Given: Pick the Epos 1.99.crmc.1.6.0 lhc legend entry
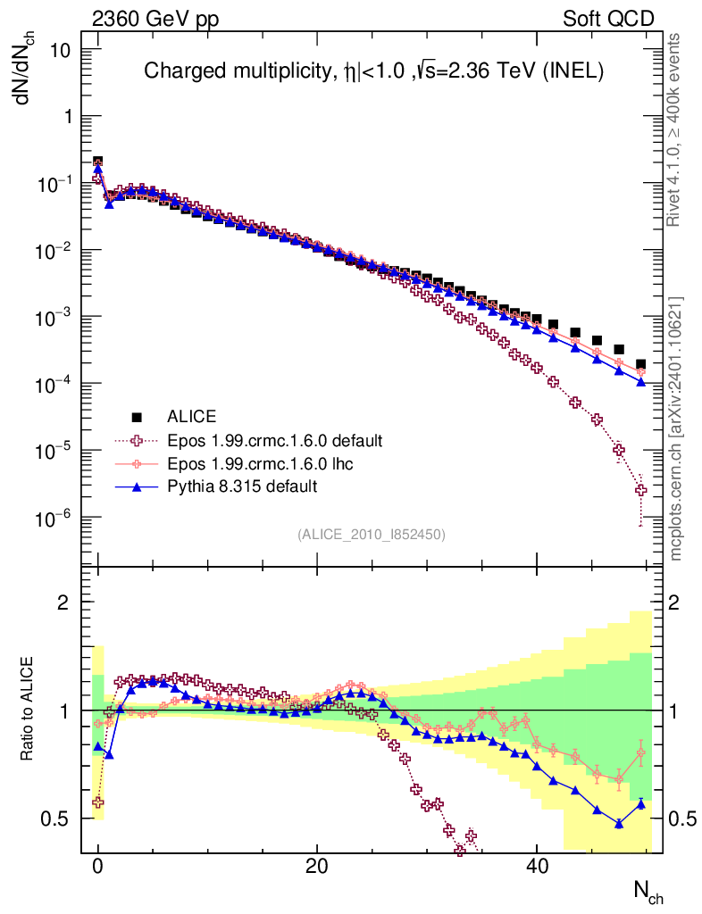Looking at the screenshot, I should click(x=255, y=463).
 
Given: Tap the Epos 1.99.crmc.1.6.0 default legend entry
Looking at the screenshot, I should click(x=274, y=440).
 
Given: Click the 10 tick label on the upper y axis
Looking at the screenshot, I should click(x=60, y=50).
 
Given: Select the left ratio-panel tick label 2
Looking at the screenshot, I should click(x=64, y=602).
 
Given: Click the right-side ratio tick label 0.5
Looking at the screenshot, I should click(x=681, y=818).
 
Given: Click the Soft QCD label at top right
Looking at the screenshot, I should click(x=608, y=19).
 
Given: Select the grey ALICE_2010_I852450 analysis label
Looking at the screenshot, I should click(x=371, y=534).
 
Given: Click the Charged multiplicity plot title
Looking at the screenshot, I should click(x=374, y=72).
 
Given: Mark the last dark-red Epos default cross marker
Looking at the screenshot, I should click(x=640, y=489).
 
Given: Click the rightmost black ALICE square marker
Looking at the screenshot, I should click(x=640, y=364).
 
